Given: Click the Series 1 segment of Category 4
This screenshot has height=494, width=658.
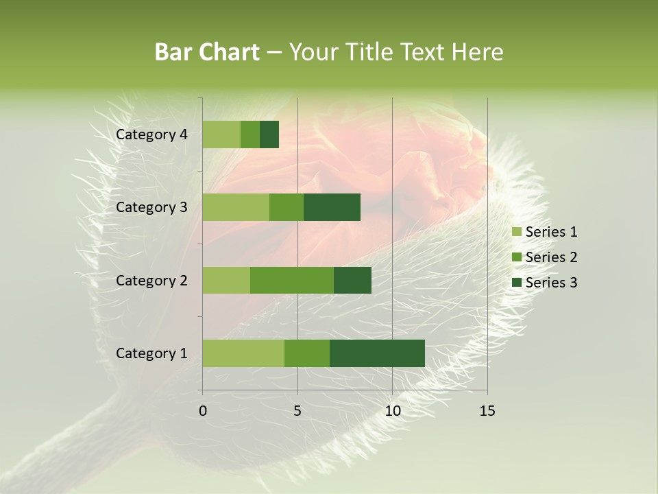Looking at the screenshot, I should (221, 134).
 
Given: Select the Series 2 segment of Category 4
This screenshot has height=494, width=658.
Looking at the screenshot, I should (250, 134).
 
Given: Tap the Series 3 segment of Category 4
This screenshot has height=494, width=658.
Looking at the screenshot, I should (269, 134).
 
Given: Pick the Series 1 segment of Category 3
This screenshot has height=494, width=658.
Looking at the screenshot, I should (236, 207).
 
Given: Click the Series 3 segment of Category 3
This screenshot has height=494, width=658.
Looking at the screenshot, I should (332, 207).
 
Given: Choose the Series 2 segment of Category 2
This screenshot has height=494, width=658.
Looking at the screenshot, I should (292, 280).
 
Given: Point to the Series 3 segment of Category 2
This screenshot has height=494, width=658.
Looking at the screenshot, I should (352, 280).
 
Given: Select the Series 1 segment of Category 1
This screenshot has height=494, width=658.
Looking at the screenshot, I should (243, 353).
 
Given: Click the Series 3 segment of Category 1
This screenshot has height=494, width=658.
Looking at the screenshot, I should (377, 353).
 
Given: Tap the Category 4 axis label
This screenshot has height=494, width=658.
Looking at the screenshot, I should (151, 134).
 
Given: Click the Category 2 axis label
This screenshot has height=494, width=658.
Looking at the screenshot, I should (151, 280).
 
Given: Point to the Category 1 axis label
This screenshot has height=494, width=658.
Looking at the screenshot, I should (151, 353).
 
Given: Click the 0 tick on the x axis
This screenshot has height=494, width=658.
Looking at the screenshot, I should (203, 411).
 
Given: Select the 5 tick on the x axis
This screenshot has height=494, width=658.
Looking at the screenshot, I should (297, 411).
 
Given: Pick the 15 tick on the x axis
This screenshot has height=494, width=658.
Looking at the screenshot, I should (487, 411).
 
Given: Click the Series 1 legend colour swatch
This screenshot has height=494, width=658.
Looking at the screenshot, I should (516, 232).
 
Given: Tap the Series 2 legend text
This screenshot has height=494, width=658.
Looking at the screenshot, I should (551, 257).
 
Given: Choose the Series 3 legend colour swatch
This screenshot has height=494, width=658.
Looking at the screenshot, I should (516, 283).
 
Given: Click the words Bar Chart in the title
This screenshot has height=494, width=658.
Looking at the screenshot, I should (207, 52).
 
